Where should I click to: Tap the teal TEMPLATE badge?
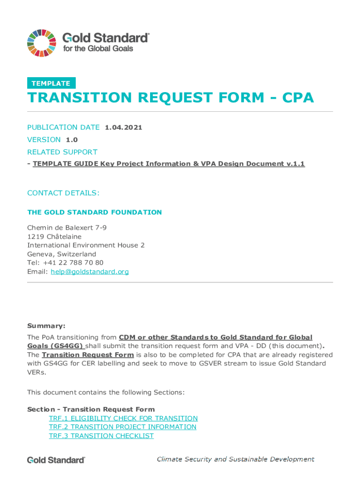pyautogui.click(x=51, y=83)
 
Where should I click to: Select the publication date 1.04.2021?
pyautogui.click(x=123, y=127)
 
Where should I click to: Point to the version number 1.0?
pyautogui.click(x=72, y=139)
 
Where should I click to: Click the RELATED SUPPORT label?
pyautogui.click(x=62, y=152)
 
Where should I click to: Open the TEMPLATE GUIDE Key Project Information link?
pyautogui.click(x=168, y=164)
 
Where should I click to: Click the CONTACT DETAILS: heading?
pyautogui.click(x=63, y=193)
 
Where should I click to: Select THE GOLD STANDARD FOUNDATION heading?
pyautogui.click(x=94, y=212)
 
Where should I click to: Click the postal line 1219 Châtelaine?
pyautogui.click(x=54, y=237)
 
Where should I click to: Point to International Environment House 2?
pyautogui.click(x=86, y=245)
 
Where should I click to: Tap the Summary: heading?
pyautogui.click(x=46, y=326)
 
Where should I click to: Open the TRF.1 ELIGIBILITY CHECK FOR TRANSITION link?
pyautogui.click(x=123, y=418)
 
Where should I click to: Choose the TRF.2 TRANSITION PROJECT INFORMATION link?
pyautogui.click(x=122, y=427)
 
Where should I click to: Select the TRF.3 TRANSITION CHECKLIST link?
pyautogui.click(x=101, y=435)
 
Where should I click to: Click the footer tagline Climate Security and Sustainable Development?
pyautogui.click(x=235, y=459)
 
